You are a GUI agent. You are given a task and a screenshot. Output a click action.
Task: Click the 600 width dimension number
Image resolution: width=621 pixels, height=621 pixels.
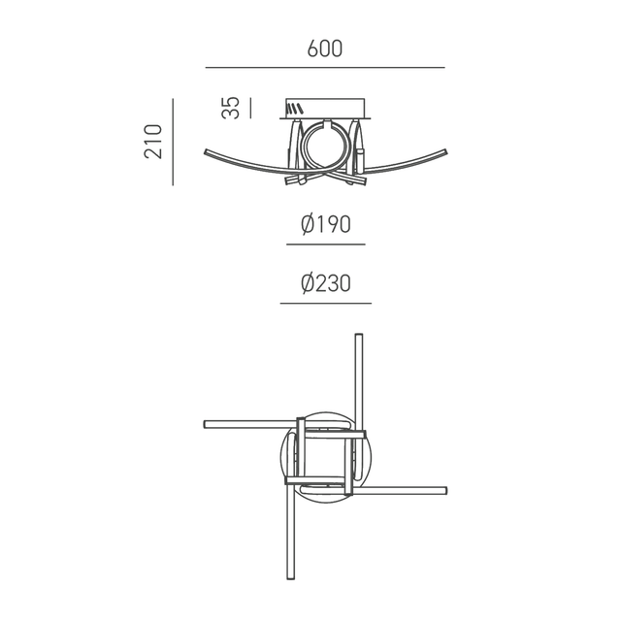[x=325, y=49]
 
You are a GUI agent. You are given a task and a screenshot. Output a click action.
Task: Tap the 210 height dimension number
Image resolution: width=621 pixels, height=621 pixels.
[x=152, y=142]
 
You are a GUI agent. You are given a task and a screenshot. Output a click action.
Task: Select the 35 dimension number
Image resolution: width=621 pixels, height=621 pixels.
[x=231, y=108]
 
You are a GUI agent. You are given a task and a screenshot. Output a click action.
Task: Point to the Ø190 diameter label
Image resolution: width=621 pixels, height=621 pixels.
[x=325, y=224]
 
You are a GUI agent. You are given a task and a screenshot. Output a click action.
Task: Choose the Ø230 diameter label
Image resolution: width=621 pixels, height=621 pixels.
[x=325, y=283]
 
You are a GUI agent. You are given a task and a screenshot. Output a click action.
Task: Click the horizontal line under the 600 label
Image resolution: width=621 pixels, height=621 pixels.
[x=325, y=67]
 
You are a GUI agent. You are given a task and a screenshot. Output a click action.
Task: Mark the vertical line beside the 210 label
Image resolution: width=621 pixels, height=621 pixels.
[x=172, y=142]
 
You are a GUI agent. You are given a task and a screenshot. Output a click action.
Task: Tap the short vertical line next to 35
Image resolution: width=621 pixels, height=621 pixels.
[x=250, y=108]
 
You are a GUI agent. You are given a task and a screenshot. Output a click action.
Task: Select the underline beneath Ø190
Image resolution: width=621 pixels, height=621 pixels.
[x=325, y=245]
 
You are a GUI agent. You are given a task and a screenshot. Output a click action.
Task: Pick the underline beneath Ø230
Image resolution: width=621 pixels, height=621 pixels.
[x=325, y=304]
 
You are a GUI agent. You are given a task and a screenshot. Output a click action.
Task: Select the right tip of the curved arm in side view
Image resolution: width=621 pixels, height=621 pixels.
[x=444, y=151]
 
